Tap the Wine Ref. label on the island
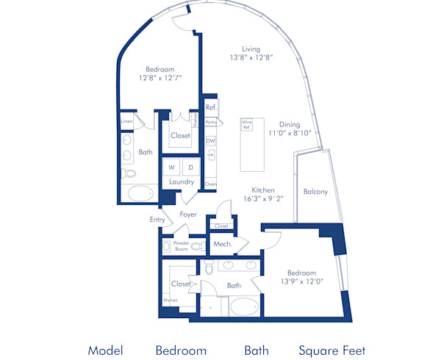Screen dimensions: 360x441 click(x=247, y=125)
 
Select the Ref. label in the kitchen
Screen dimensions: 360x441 click(x=210, y=107)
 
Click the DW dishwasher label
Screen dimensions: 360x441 click(x=210, y=140)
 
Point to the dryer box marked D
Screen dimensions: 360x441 click(x=191, y=168)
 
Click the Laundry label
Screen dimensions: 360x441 click(x=181, y=181)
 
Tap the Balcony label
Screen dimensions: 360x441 click(x=315, y=192)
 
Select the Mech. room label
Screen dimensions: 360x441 click(x=222, y=244)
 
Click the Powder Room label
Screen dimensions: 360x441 click(x=182, y=245)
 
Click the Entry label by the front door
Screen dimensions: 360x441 click(x=158, y=219)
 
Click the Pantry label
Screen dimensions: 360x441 click(x=211, y=121)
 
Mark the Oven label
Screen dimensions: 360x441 click(x=211, y=184)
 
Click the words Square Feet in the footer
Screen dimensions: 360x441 click(x=331, y=350)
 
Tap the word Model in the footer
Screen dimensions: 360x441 click(x=105, y=350)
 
